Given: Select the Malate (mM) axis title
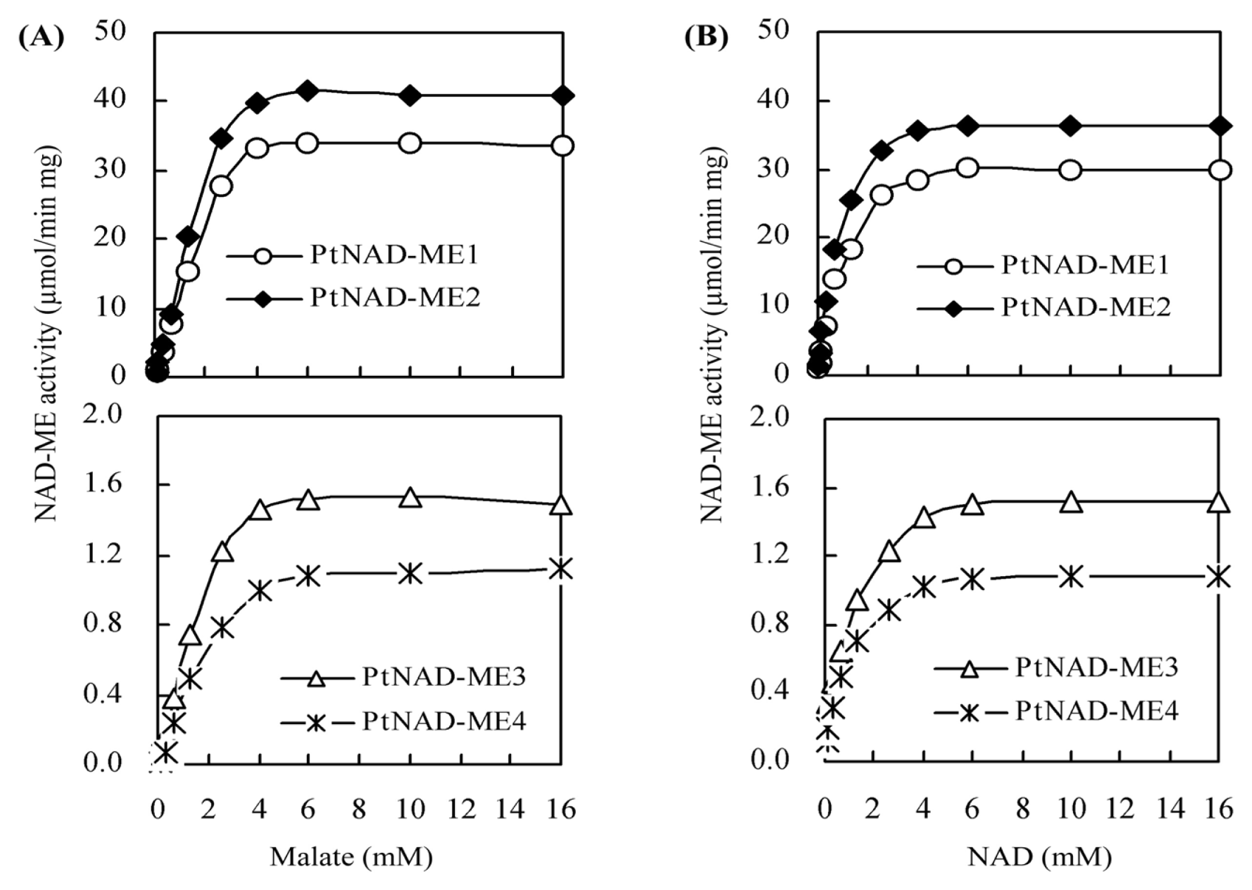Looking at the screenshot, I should [x=352, y=857].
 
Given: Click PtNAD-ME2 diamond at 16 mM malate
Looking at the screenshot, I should [x=562, y=95].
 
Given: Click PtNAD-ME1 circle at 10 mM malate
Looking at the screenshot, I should [x=410, y=143].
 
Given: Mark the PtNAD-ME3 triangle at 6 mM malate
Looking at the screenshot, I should [x=308, y=500].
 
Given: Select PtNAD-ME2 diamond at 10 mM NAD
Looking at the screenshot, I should [x=1070, y=126].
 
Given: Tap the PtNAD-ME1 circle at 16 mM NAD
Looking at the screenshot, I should [x=1220, y=169].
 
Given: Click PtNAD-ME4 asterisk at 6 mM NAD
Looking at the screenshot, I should [x=972, y=579].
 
